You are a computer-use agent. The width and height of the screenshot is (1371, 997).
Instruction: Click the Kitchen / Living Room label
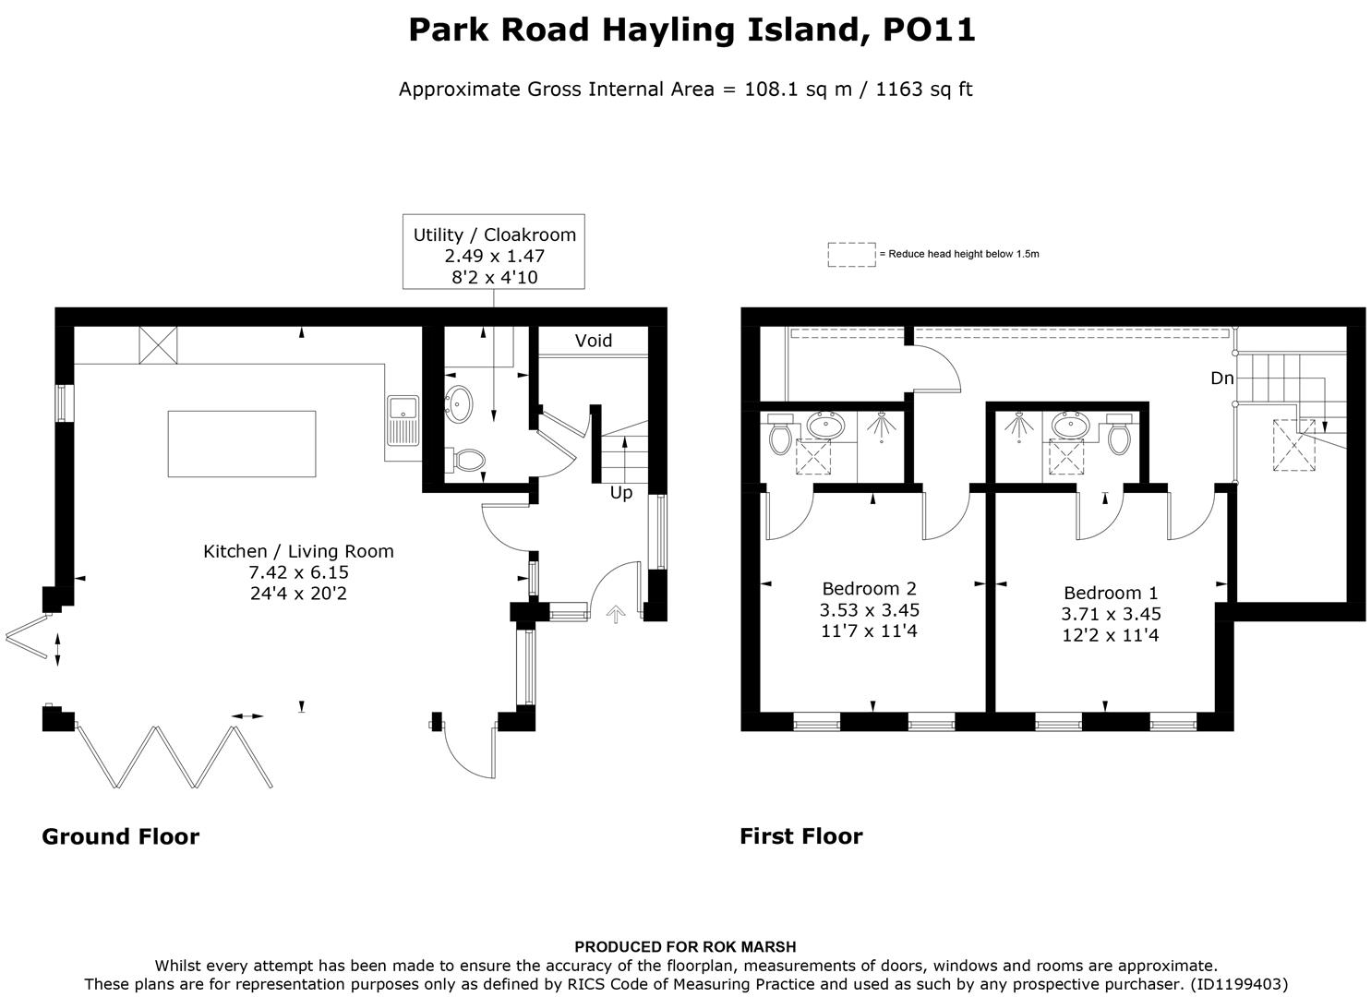[298, 551]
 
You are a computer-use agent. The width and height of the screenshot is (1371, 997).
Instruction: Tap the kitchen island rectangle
[241, 444]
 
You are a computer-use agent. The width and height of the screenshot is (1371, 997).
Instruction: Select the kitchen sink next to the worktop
[403, 420]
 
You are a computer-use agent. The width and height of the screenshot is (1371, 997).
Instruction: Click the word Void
[593, 341]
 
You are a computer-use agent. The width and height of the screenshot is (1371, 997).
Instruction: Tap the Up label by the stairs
[620, 493]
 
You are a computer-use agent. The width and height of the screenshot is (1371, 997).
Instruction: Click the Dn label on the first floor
[1221, 378]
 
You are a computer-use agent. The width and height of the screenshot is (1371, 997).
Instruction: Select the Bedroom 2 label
[869, 589]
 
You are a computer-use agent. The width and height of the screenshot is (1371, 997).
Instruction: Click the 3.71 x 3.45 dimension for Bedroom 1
[1111, 614]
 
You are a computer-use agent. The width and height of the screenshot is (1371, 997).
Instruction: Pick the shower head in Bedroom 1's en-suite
[1019, 426]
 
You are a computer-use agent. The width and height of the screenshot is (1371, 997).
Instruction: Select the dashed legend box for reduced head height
[850, 254]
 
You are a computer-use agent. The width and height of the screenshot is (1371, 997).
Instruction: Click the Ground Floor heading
[120, 836]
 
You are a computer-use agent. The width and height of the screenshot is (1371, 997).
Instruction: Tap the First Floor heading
[800, 836]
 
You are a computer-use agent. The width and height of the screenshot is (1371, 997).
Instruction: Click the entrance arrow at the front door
[615, 613]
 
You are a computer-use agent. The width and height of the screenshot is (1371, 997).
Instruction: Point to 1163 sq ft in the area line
[923, 90]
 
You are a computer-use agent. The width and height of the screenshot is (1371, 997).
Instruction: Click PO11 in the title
[929, 30]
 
